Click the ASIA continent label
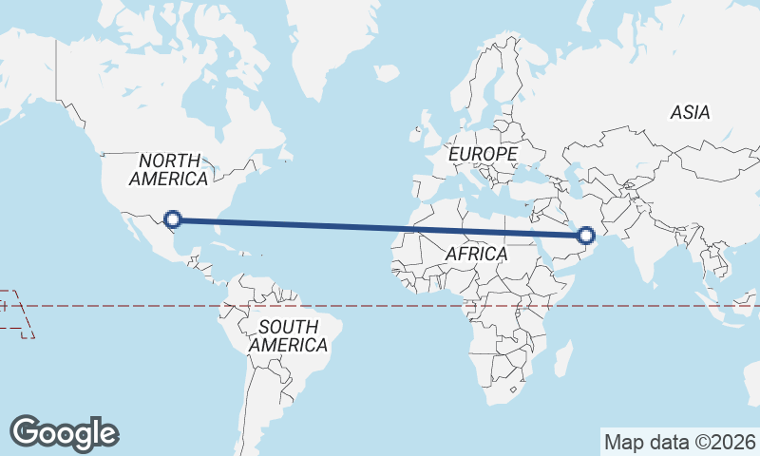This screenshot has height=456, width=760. pyautogui.click(x=690, y=112)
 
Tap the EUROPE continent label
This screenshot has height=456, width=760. pyautogui.click(x=484, y=153)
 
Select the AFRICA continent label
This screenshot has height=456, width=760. pyautogui.click(x=477, y=255)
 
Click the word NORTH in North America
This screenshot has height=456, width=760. pyautogui.click(x=169, y=161)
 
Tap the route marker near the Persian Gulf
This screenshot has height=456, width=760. pyautogui.click(x=586, y=235)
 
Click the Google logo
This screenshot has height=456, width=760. pyautogui.click(x=64, y=433)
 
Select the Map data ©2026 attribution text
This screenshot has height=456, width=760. pyautogui.click(x=679, y=442)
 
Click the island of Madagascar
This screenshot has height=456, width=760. pyautogui.click(x=562, y=361)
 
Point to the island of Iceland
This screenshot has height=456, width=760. pyautogui.click(x=385, y=72)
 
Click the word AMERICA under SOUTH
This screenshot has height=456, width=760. pyautogui.click(x=288, y=345)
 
